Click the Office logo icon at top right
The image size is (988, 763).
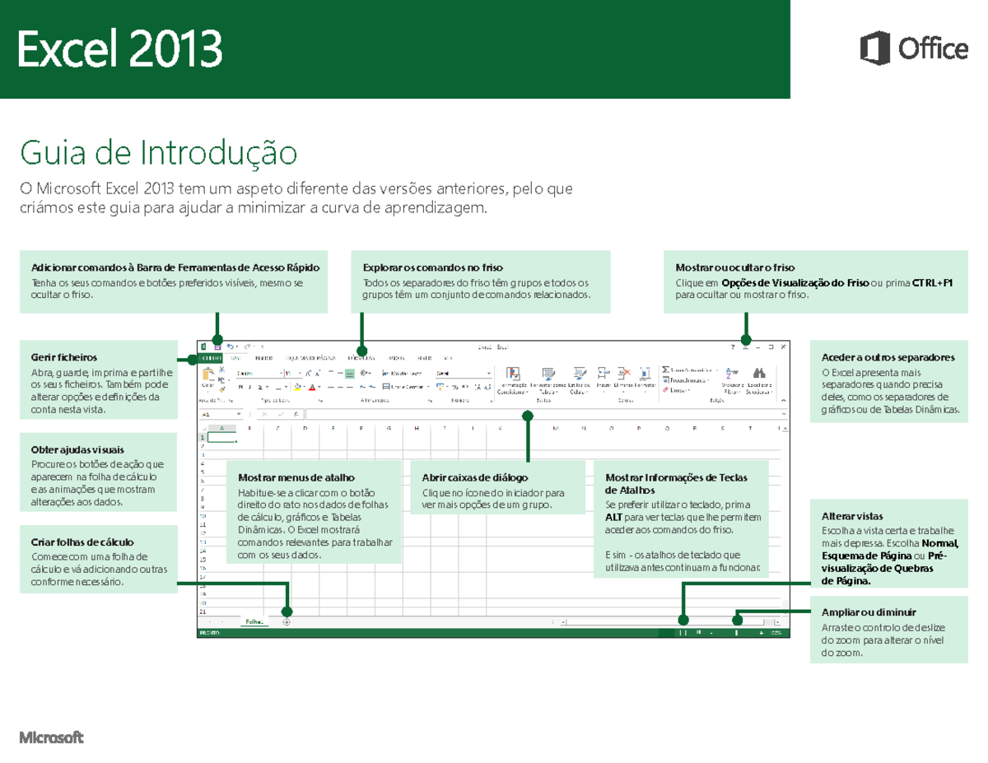(x=874, y=49)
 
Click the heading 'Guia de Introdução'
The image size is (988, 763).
(x=157, y=153)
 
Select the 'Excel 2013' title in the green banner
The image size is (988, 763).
(x=120, y=50)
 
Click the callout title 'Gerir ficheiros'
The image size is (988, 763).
(x=64, y=358)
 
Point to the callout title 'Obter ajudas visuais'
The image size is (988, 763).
(x=77, y=450)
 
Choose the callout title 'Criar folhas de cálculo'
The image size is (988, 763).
(x=82, y=542)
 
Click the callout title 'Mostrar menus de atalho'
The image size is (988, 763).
(x=296, y=477)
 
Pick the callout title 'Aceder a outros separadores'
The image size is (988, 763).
(x=888, y=358)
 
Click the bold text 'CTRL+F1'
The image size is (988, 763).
(x=932, y=282)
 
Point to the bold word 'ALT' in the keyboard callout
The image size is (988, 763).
(x=613, y=517)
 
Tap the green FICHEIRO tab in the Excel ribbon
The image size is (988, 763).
(x=212, y=359)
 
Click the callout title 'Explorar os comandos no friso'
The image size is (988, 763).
(x=432, y=268)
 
